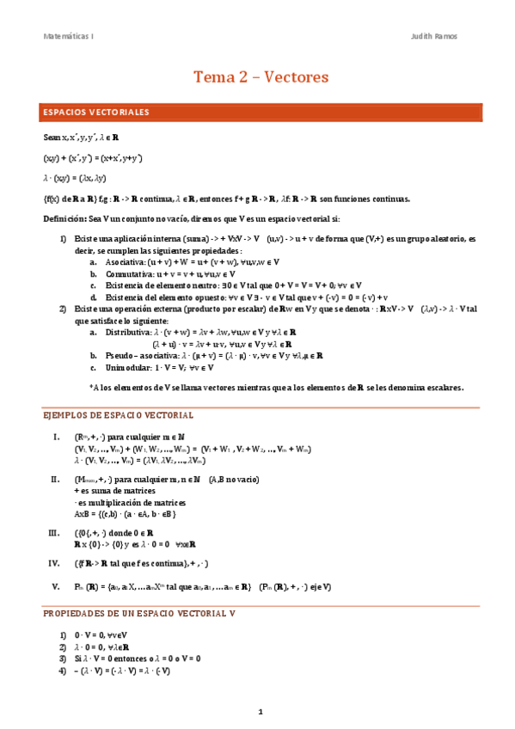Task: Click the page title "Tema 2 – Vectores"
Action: coord(261,77)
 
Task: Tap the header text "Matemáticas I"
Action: coord(70,36)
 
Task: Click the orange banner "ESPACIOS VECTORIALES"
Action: coord(96,112)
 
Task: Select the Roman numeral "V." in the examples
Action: coord(56,586)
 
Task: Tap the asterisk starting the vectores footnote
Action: coord(91,387)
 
